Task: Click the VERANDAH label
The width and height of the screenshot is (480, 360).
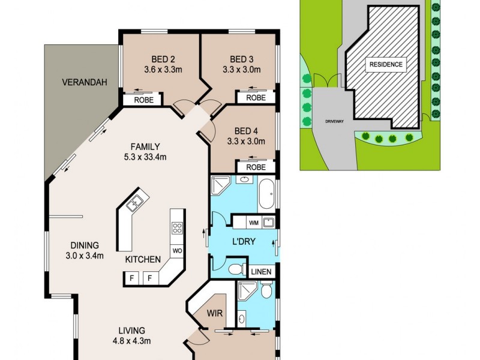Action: tap(85, 83)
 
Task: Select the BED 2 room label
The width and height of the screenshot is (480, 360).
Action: tap(163, 59)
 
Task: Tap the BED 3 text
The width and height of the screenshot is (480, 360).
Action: tap(242, 59)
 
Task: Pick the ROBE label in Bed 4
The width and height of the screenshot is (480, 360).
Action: tap(256, 167)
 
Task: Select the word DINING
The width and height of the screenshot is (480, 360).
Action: tap(84, 245)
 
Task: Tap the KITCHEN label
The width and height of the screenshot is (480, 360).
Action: tap(143, 260)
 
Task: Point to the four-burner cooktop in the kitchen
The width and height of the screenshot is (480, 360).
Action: tap(178, 227)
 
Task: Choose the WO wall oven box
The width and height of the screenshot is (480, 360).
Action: tap(177, 250)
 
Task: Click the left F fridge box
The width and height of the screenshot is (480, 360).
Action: tap(131, 278)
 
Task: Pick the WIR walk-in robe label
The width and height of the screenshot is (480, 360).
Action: tap(215, 313)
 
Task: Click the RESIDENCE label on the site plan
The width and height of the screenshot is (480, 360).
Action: tap(386, 65)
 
